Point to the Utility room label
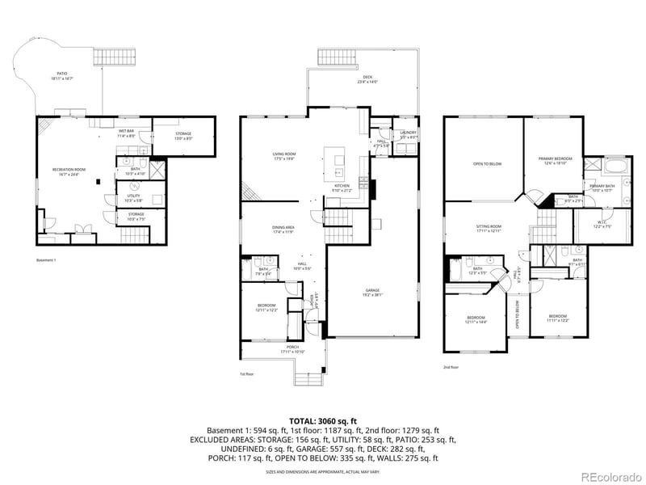pos(134,196)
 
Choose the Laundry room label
pos(409,134)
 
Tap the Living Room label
pos(283,155)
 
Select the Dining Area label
pos(283,230)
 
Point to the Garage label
pos(371,293)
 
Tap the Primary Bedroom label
pos(556,160)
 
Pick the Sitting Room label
pos(489,229)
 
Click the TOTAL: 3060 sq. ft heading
pos(323,420)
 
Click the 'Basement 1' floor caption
pos(48,259)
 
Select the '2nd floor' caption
pos(451,367)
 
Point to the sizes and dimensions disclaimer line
pos(323,470)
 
